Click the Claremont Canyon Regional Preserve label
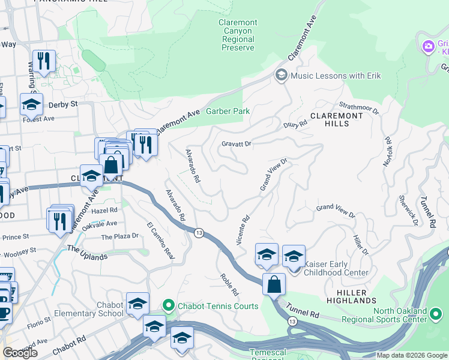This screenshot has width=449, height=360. pos(238,35)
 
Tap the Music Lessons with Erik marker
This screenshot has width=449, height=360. pos(281,75)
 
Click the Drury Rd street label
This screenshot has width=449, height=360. pos(295,124)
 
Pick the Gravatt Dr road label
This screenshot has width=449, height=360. pos(236,144)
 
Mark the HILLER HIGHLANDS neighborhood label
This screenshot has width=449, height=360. pos(352,296)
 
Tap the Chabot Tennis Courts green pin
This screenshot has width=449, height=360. pos(169,306)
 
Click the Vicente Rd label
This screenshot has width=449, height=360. pos(243,230)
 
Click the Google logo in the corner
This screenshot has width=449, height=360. pos(20,353)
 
